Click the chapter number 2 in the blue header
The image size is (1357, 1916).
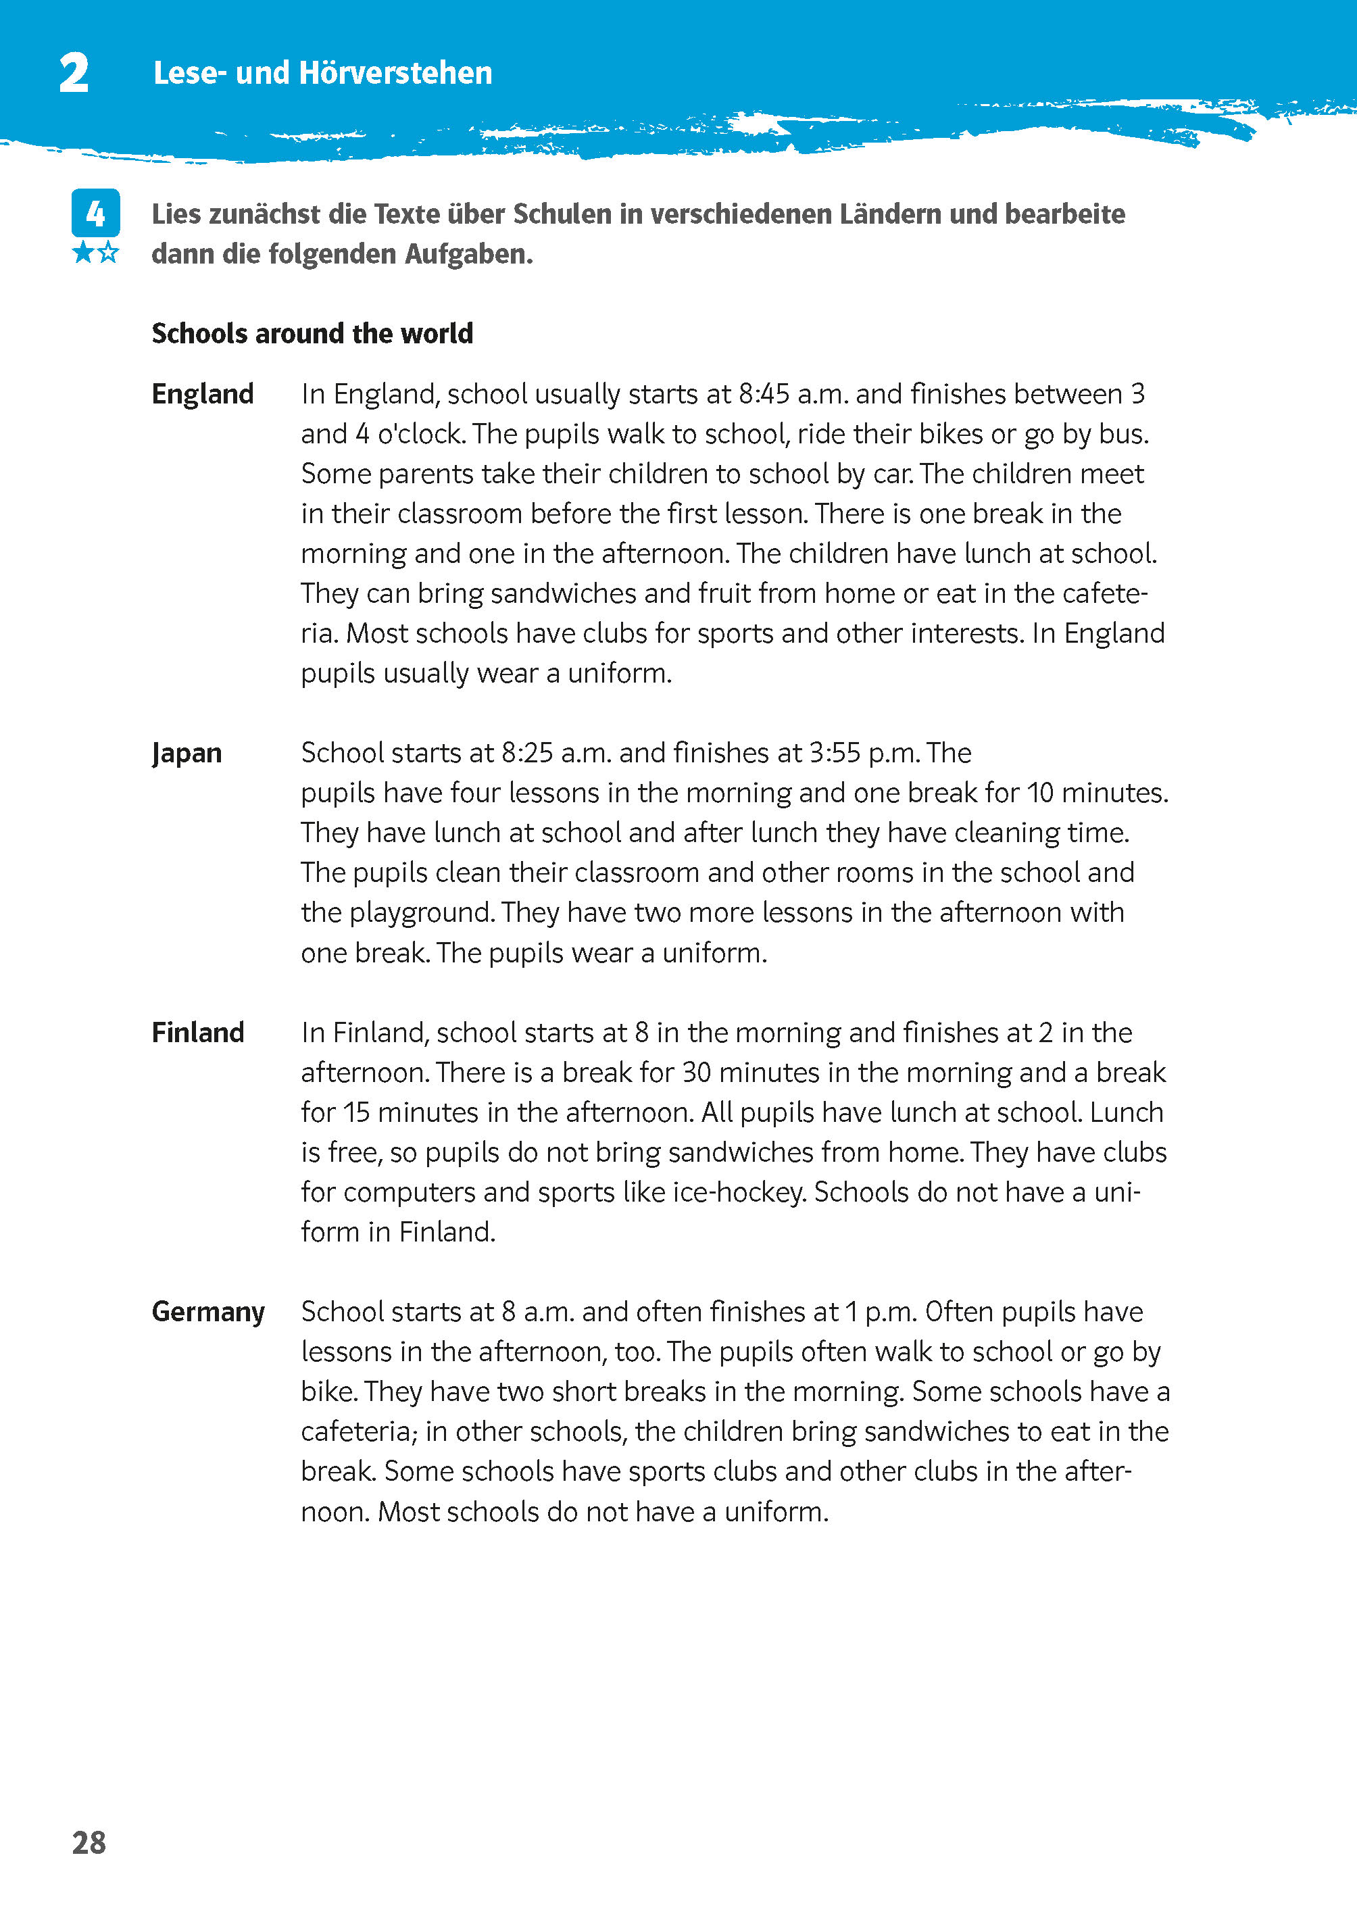pyautogui.click(x=74, y=74)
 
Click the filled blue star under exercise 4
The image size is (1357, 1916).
pyautogui.click(x=84, y=252)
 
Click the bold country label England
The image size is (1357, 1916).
pyautogui.click(x=202, y=393)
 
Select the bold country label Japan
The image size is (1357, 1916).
pyautogui.click(x=187, y=753)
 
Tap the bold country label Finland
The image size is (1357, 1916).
pyautogui.click(x=198, y=1033)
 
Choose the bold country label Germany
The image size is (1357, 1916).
pyautogui.click(x=208, y=1312)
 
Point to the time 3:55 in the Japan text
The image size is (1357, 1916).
pyautogui.click(x=835, y=753)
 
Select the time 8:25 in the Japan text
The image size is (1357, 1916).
pyautogui.click(x=527, y=753)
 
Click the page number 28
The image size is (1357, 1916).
pyautogui.click(x=89, y=1843)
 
